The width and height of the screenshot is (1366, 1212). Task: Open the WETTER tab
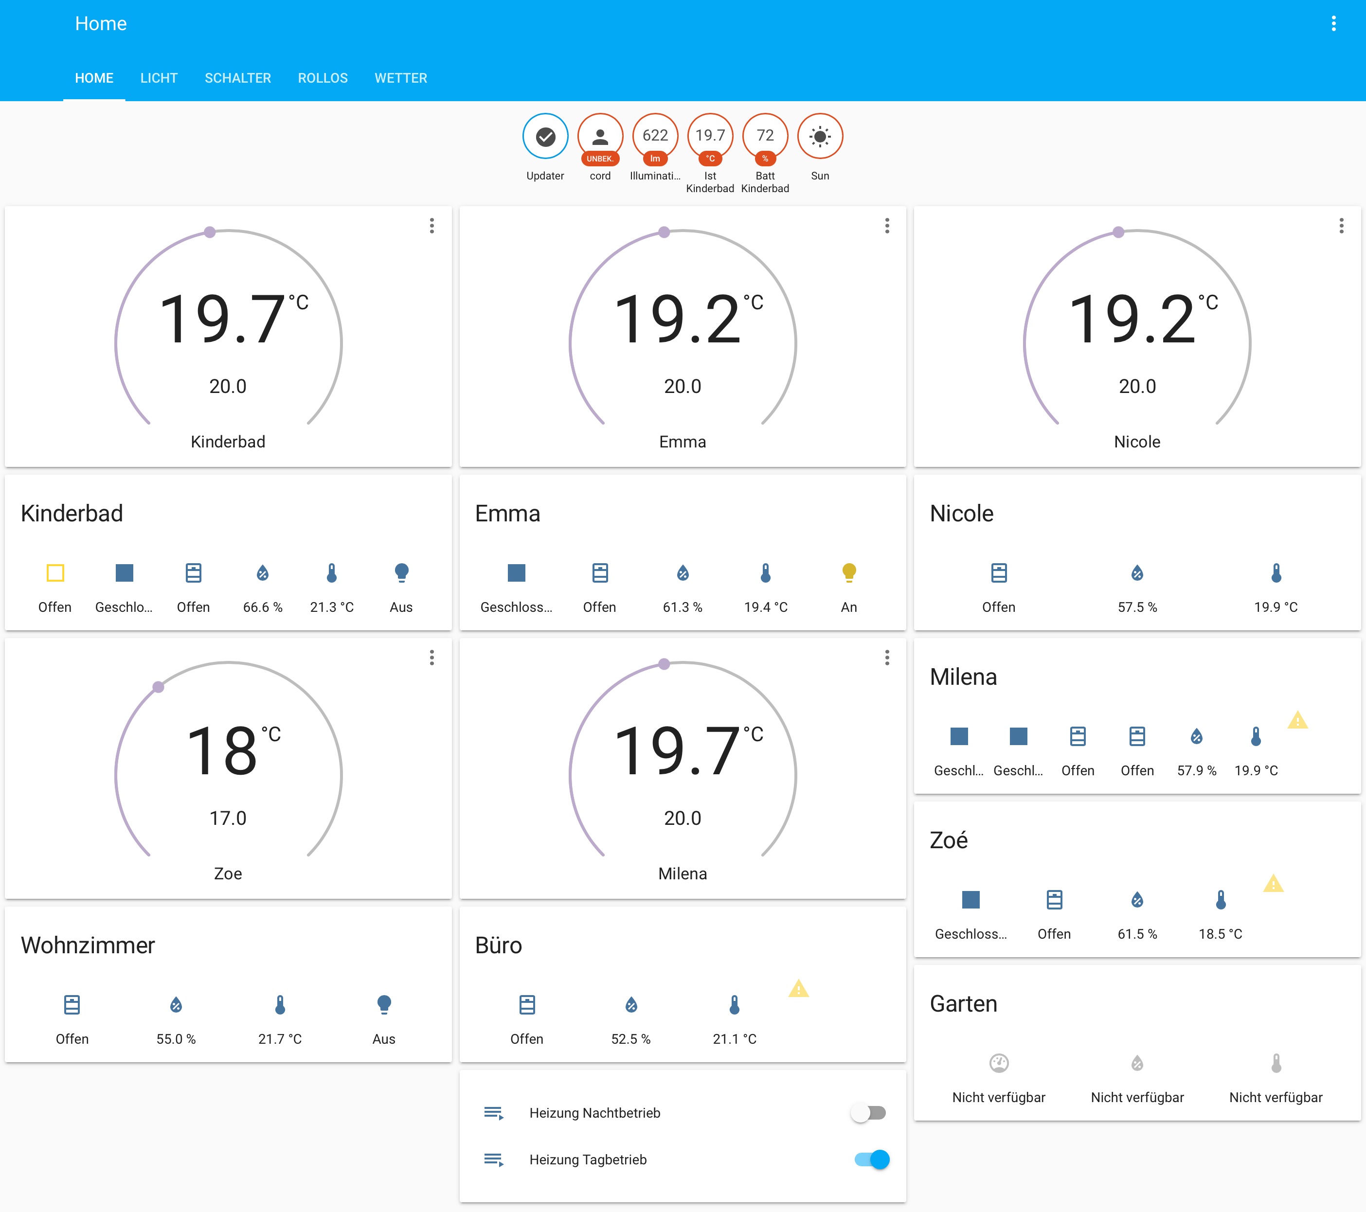click(400, 78)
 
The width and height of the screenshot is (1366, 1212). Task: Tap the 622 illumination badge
click(654, 136)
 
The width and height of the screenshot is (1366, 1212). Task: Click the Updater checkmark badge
click(545, 136)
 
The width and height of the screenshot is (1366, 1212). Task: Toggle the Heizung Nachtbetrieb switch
click(869, 1112)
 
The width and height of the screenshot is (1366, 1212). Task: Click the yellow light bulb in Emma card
click(849, 572)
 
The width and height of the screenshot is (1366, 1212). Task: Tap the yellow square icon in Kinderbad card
click(55, 572)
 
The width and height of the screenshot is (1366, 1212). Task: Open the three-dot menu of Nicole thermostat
click(1341, 226)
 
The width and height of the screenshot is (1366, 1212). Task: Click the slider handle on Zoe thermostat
click(159, 687)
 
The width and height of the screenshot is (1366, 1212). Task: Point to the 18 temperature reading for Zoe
click(222, 751)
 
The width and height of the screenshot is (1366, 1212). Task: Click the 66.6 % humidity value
click(263, 606)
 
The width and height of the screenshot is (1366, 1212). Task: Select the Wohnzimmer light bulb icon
click(384, 1004)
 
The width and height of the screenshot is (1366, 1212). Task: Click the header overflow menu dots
click(1333, 23)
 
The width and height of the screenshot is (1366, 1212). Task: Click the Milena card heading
click(963, 677)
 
